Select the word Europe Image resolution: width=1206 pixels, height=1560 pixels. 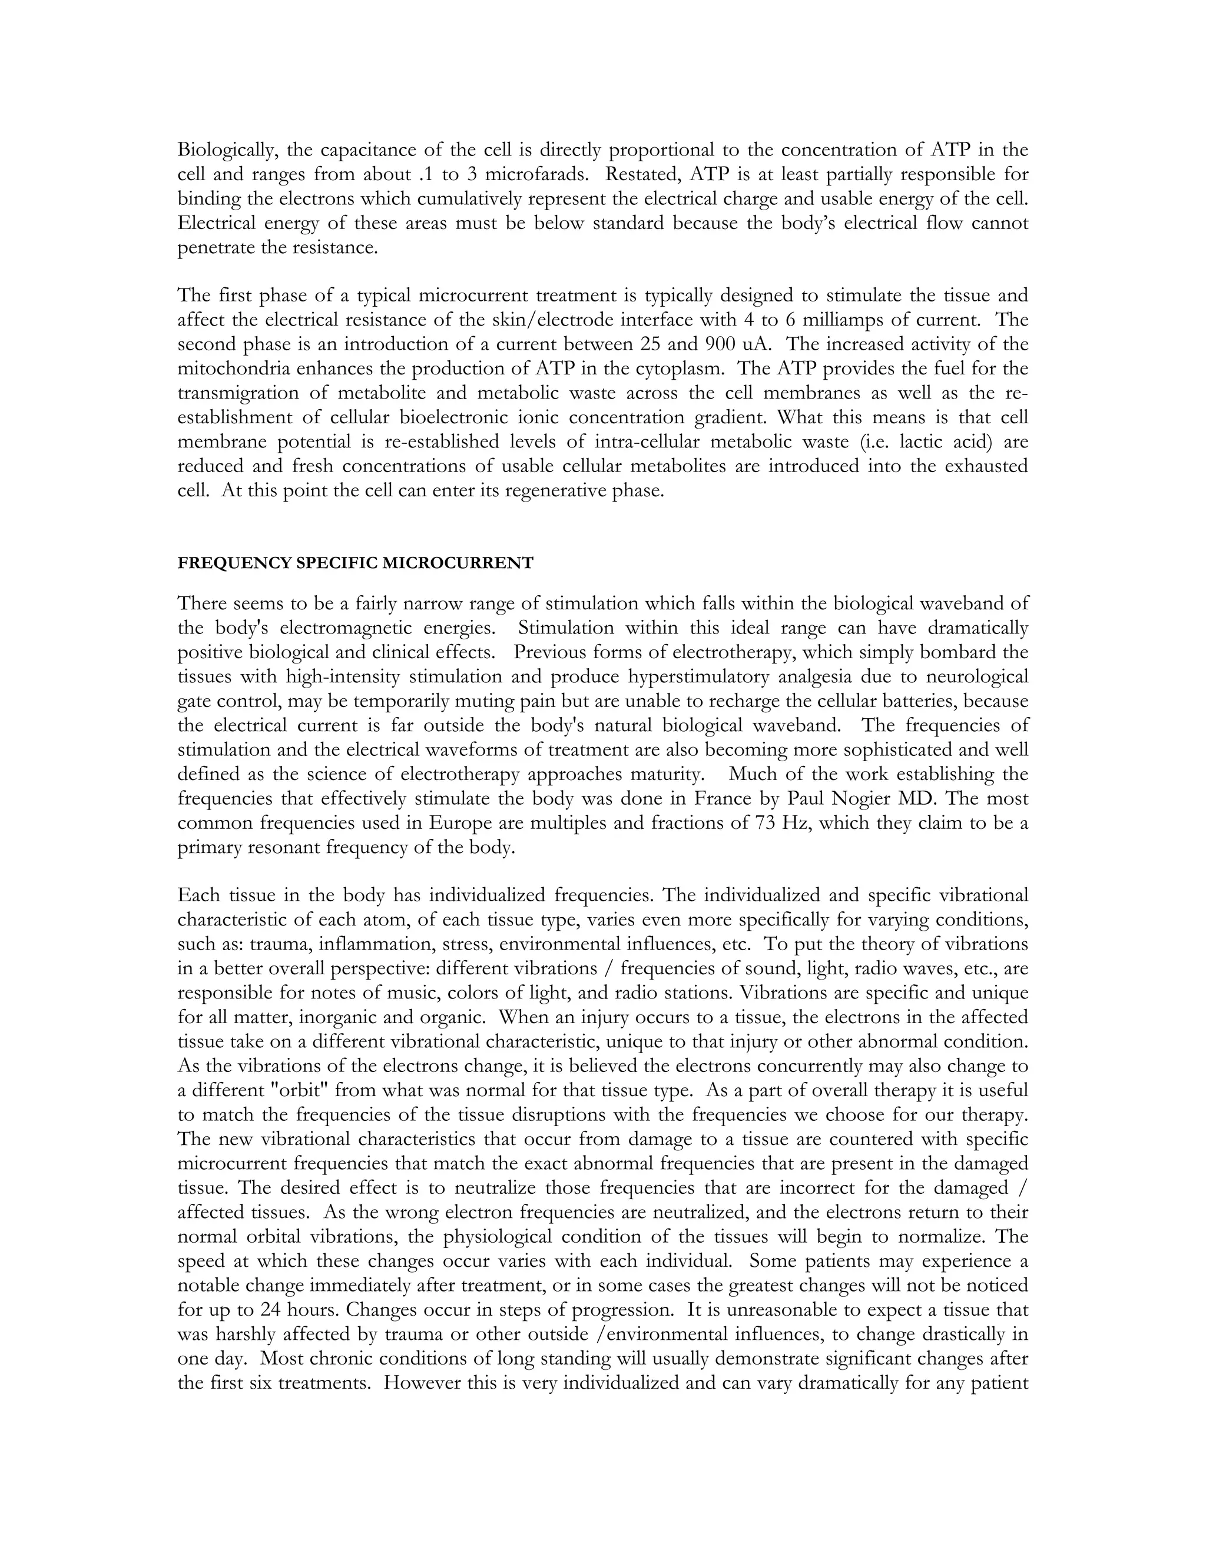(x=461, y=823)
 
